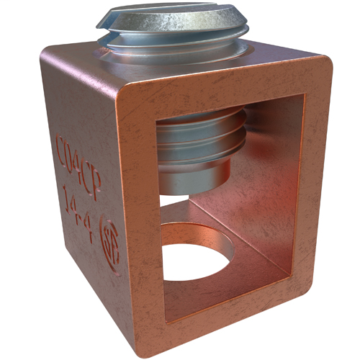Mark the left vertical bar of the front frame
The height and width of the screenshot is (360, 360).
(x=137, y=216)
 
